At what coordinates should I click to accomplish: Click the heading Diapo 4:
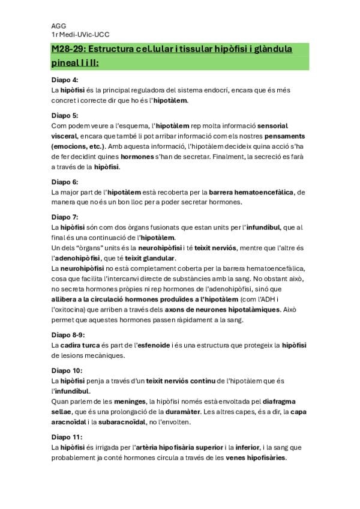[65, 79]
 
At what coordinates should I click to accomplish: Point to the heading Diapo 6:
[65, 181]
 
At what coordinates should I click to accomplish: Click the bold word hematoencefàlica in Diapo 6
[265, 191]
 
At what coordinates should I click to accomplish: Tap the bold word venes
[236, 457]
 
